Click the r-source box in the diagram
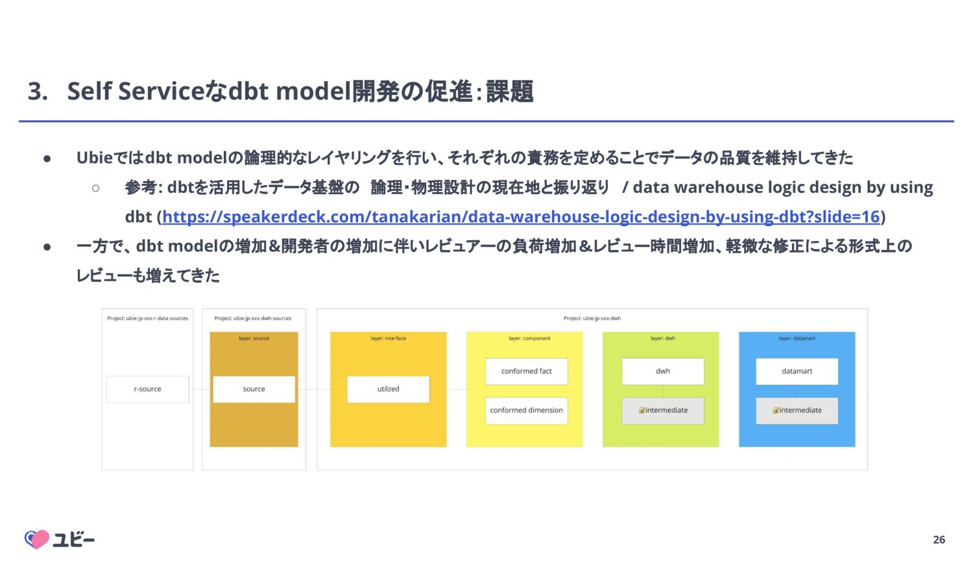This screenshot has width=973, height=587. (147, 389)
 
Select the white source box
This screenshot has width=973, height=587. (254, 389)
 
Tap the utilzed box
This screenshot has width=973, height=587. (388, 389)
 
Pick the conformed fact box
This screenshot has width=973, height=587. (526, 371)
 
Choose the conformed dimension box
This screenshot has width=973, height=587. (526, 410)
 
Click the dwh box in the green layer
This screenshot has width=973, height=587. (662, 371)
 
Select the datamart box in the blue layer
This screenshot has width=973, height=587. (797, 371)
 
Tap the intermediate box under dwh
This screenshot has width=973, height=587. (662, 410)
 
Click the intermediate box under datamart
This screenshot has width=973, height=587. (797, 410)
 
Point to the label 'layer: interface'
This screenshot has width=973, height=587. (388, 338)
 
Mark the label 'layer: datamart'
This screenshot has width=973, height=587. (797, 338)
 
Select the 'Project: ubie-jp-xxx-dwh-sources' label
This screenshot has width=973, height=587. (253, 318)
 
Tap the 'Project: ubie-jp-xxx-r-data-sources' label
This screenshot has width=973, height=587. (147, 318)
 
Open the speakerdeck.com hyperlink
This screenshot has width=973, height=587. (520, 217)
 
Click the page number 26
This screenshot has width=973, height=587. (939, 540)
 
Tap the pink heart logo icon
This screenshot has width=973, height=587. (37, 539)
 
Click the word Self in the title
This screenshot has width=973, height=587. (90, 92)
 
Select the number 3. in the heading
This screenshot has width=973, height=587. (38, 92)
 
